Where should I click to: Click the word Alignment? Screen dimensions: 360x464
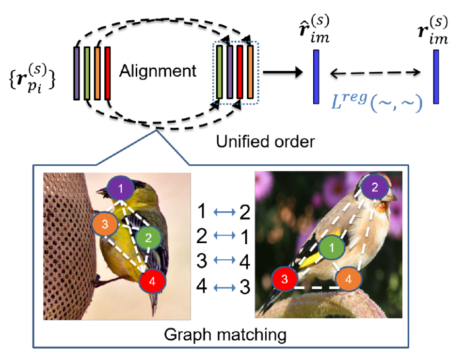pyautogui.click(x=159, y=72)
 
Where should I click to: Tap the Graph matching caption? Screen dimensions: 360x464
pyautogui.click(x=224, y=334)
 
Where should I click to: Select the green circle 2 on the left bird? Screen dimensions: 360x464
pyautogui.click(x=148, y=237)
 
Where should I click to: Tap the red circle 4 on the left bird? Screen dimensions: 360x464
pyautogui.click(x=153, y=281)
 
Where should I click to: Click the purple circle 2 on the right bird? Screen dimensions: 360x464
pyautogui.click(x=374, y=188)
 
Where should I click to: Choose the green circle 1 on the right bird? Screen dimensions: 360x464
pyautogui.click(x=332, y=248)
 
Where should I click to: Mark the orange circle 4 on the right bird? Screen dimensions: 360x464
pyautogui.click(x=347, y=280)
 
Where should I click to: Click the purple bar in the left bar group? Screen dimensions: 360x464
pyautogui.click(x=77, y=73)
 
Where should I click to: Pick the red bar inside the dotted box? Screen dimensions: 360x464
pyautogui.click(x=240, y=72)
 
